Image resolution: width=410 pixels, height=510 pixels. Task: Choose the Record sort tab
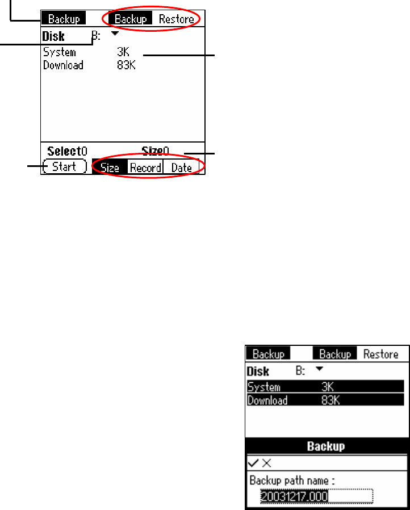point(145,168)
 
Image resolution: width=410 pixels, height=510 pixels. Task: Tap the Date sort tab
point(182,168)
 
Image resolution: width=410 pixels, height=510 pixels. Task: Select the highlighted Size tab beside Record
point(110,168)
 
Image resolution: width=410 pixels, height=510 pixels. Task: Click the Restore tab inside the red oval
point(176,19)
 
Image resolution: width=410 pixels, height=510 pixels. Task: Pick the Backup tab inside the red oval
point(131,19)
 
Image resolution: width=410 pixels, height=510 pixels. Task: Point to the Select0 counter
point(67,151)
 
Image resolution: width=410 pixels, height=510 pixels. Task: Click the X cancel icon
point(266,463)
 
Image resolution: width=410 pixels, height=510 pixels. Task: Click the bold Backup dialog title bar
point(326,446)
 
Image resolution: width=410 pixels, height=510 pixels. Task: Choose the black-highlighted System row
point(325,387)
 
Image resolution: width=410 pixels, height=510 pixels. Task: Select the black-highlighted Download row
point(325,400)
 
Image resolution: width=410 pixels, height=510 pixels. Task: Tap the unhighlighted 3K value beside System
point(123,53)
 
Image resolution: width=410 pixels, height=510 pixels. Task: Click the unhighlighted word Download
point(63,65)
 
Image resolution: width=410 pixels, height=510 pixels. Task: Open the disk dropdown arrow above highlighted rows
point(319,369)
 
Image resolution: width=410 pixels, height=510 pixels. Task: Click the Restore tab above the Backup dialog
point(380,354)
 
